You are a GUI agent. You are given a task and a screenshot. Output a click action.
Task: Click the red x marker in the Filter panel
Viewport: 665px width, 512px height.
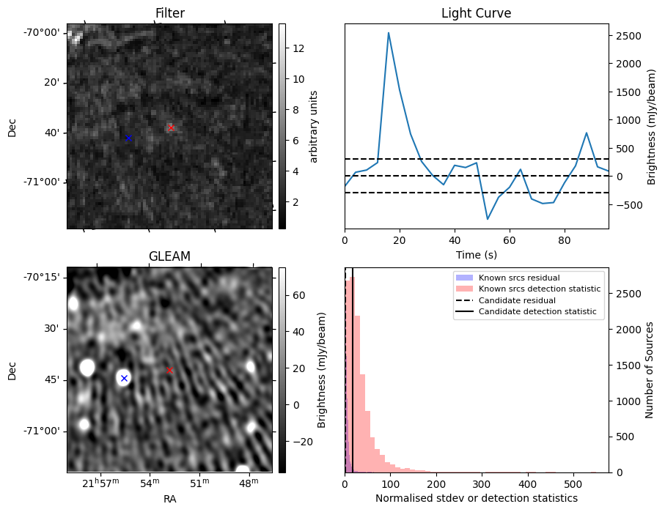point(171,127)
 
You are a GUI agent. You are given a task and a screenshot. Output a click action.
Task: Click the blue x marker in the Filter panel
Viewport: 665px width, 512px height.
point(128,138)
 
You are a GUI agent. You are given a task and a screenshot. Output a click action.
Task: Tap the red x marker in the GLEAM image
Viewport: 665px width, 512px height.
point(169,371)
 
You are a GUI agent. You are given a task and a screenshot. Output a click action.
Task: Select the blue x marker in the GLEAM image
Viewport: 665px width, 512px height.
point(124,378)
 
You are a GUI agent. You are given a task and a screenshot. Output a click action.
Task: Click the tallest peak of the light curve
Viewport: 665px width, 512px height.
point(389,33)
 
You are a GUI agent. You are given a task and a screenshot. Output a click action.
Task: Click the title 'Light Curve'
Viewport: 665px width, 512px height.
point(476,13)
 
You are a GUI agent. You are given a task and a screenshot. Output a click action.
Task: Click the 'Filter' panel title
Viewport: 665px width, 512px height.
point(169,13)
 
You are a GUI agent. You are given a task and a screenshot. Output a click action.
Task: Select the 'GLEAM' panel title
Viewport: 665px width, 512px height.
point(169,256)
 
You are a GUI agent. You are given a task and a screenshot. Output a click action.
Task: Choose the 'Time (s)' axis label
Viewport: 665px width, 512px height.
point(476,253)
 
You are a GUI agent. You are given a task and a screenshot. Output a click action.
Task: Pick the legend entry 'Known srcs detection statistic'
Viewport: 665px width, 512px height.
point(539,289)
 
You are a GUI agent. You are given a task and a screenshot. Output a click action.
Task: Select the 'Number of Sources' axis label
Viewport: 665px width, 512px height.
point(649,370)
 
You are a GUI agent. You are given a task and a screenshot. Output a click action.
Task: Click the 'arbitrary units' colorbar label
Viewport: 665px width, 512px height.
point(314,126)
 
